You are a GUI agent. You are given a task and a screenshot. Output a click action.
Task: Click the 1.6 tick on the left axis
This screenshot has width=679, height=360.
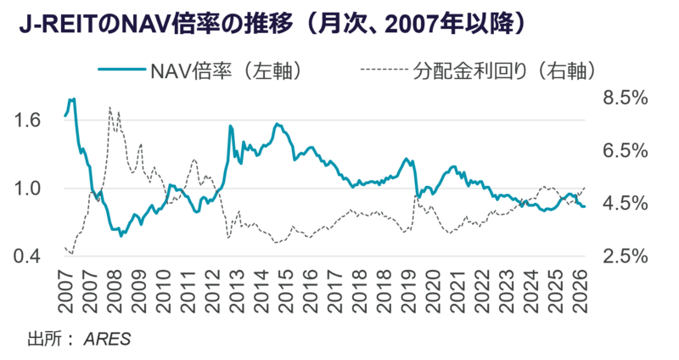[27, 121]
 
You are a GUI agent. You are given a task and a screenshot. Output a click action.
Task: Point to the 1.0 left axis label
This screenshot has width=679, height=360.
[27, 188]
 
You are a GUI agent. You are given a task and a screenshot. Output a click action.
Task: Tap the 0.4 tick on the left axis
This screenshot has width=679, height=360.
[27, 256]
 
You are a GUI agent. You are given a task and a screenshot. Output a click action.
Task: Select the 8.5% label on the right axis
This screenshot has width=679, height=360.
[626, 98]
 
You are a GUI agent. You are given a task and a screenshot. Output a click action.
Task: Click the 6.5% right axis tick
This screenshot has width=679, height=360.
[626, 151]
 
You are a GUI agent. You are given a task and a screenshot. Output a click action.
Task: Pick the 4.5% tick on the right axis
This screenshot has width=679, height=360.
[626, 204]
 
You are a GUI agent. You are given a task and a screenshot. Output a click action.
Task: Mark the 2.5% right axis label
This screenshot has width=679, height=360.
[626, 256]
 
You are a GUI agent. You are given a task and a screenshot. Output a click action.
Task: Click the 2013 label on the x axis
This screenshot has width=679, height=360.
[237, 291]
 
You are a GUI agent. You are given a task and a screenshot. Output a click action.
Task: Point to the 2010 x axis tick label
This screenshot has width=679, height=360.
[163, 291]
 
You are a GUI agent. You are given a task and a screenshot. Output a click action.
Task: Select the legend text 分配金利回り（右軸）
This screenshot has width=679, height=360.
[504, 72]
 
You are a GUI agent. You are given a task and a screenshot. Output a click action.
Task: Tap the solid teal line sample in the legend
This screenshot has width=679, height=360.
[121, 70]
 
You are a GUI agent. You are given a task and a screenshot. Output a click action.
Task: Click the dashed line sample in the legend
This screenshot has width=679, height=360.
[384, 70]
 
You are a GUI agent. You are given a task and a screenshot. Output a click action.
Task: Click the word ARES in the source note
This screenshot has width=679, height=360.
[108, 340]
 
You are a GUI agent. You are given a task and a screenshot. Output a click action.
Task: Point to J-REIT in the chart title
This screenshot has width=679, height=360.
[53, 25]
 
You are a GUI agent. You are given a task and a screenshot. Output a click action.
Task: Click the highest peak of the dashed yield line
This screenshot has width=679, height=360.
[109, 107]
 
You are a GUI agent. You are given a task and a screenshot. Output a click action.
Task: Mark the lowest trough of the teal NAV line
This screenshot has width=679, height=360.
[121, 236]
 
